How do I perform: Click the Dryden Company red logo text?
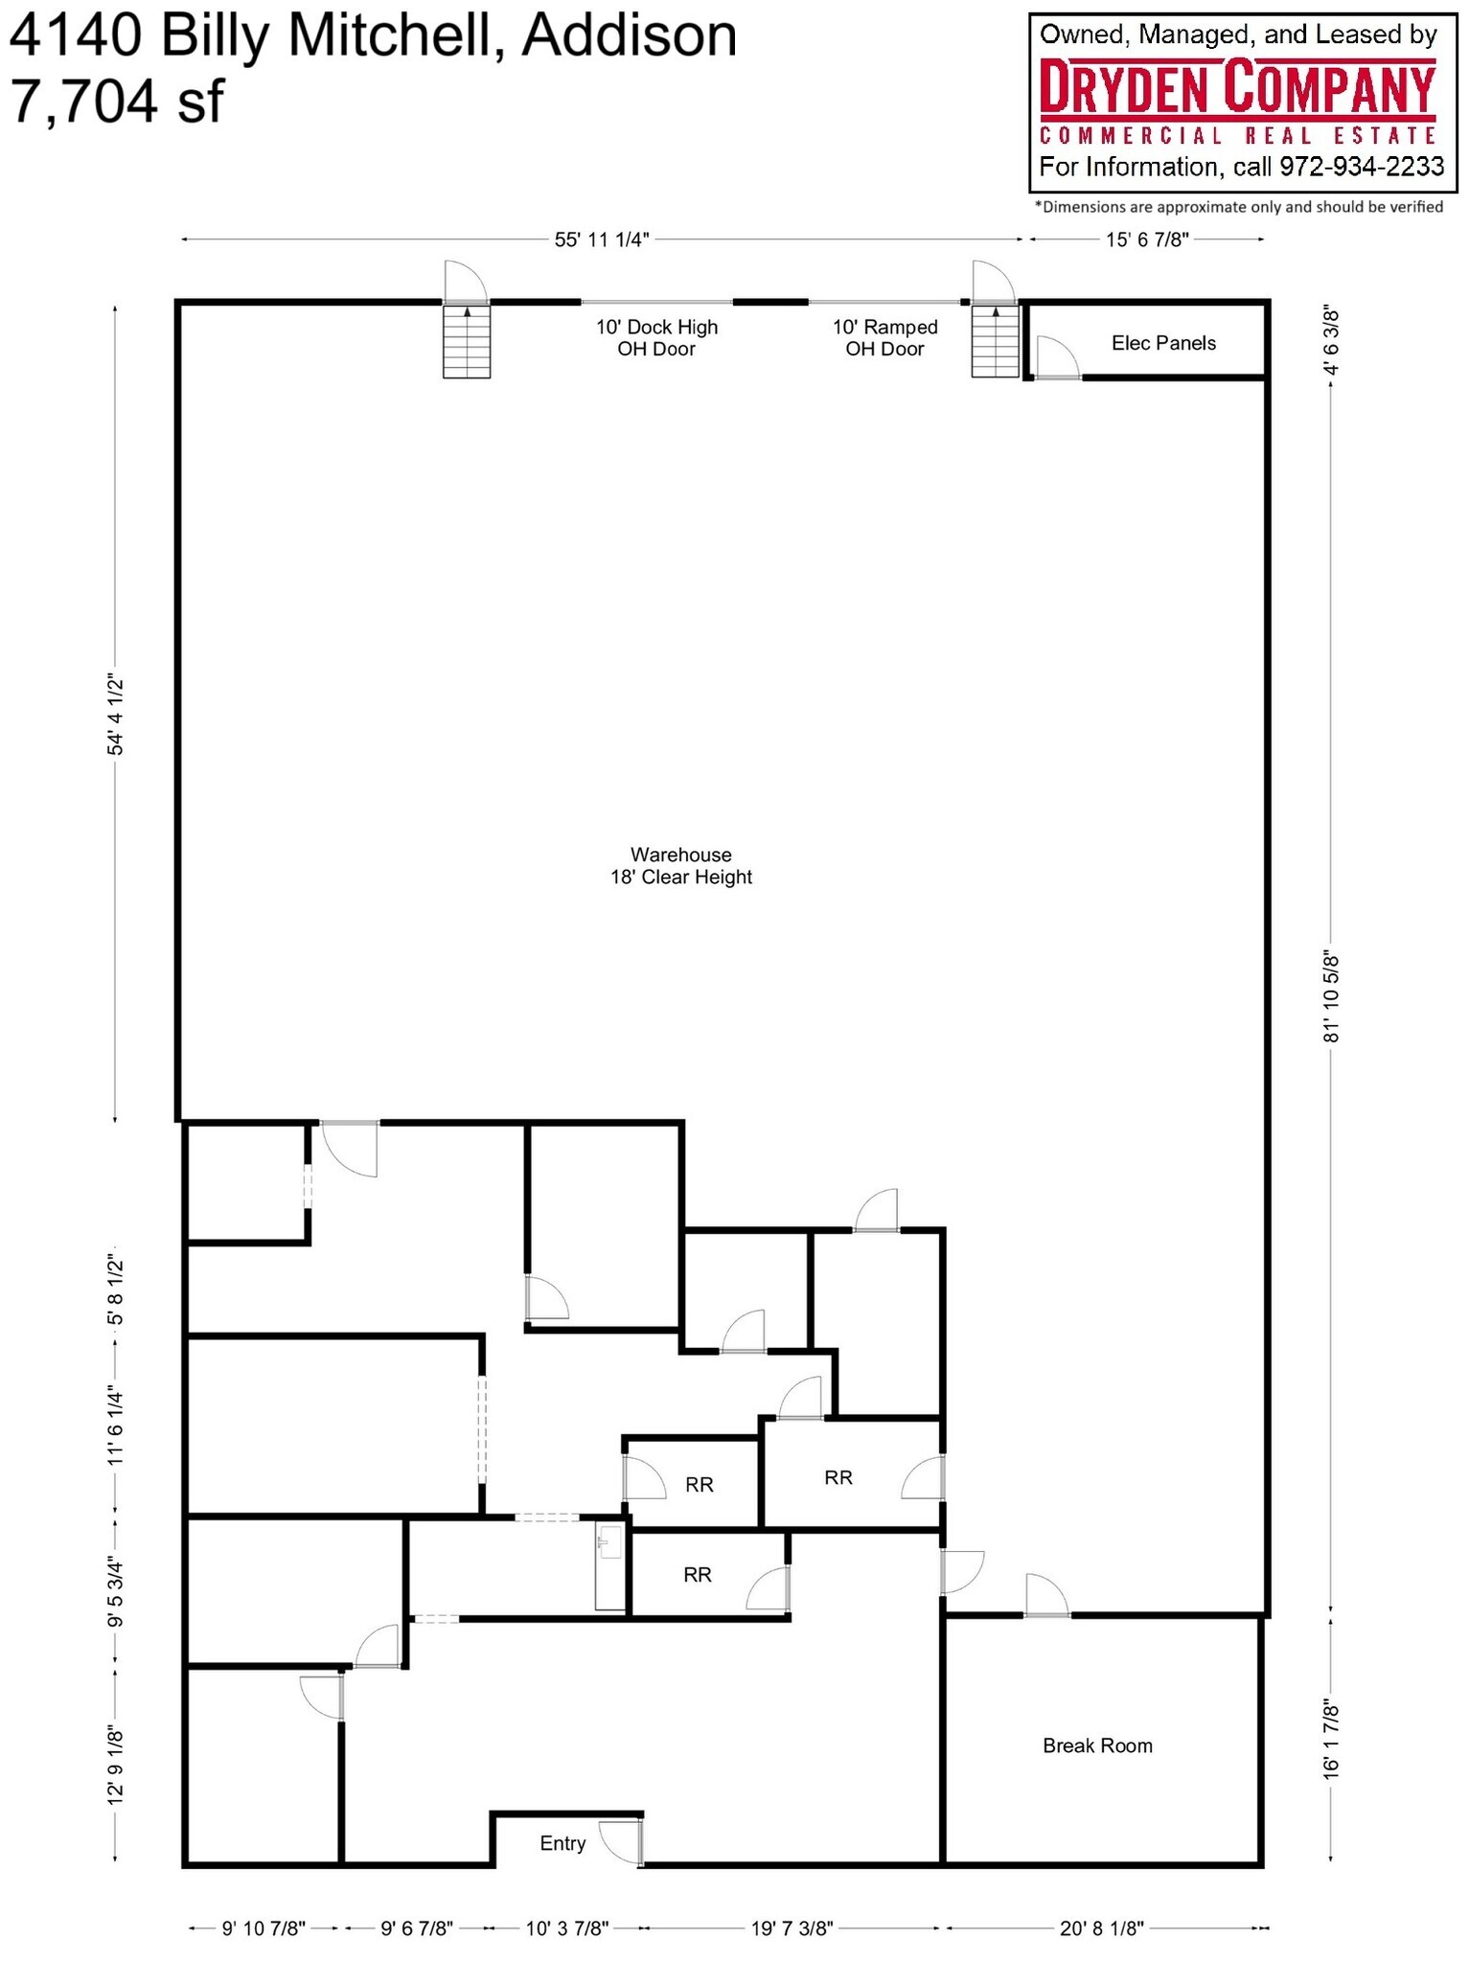(x=1237, y=88)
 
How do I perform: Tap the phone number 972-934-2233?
(x=1361, y=167)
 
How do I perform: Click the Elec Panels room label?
(x=1162, y=343)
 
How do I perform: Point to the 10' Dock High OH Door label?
(x=656, y=337)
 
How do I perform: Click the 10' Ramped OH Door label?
(x=884, y=337)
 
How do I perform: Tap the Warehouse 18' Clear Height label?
(x=680, y=865)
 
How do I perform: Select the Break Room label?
(x=1096, y=1745)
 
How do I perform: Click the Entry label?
(x=562, y=1843)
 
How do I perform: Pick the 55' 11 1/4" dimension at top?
(x=602, y=240)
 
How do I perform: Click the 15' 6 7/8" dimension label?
(x=1146, y=240)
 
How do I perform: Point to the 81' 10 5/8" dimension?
(x=1331, y=997)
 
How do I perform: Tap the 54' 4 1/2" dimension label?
(x=116, y=715)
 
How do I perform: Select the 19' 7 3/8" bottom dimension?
(x=792, y=1928)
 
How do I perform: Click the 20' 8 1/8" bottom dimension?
(x=1101, y=1928)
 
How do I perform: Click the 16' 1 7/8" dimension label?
(x=1331, y=1740)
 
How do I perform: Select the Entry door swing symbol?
(x=620, y=1840)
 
